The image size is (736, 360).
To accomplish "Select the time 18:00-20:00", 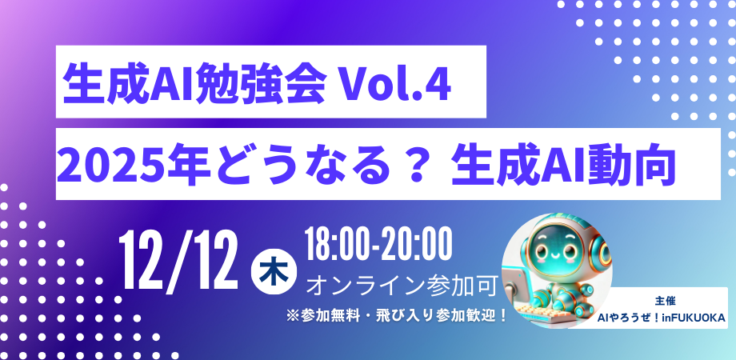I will click(x=378, y=246).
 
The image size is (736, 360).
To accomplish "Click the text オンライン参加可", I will click(x=402, y=283).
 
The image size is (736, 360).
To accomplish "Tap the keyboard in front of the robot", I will click(x=538, y=310).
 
